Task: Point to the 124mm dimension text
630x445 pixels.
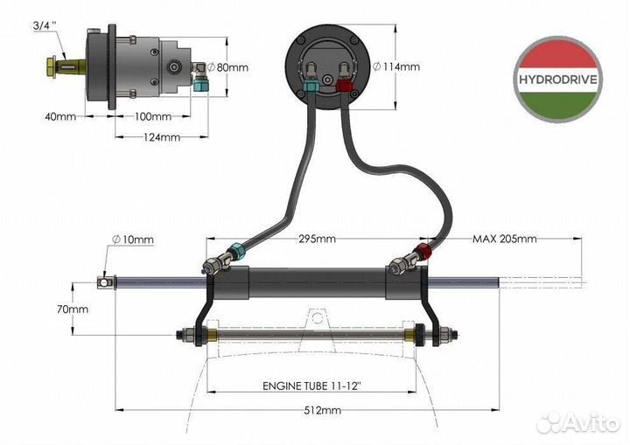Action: [x=155, y=136]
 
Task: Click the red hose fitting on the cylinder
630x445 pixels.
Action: [x=425, y=254]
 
